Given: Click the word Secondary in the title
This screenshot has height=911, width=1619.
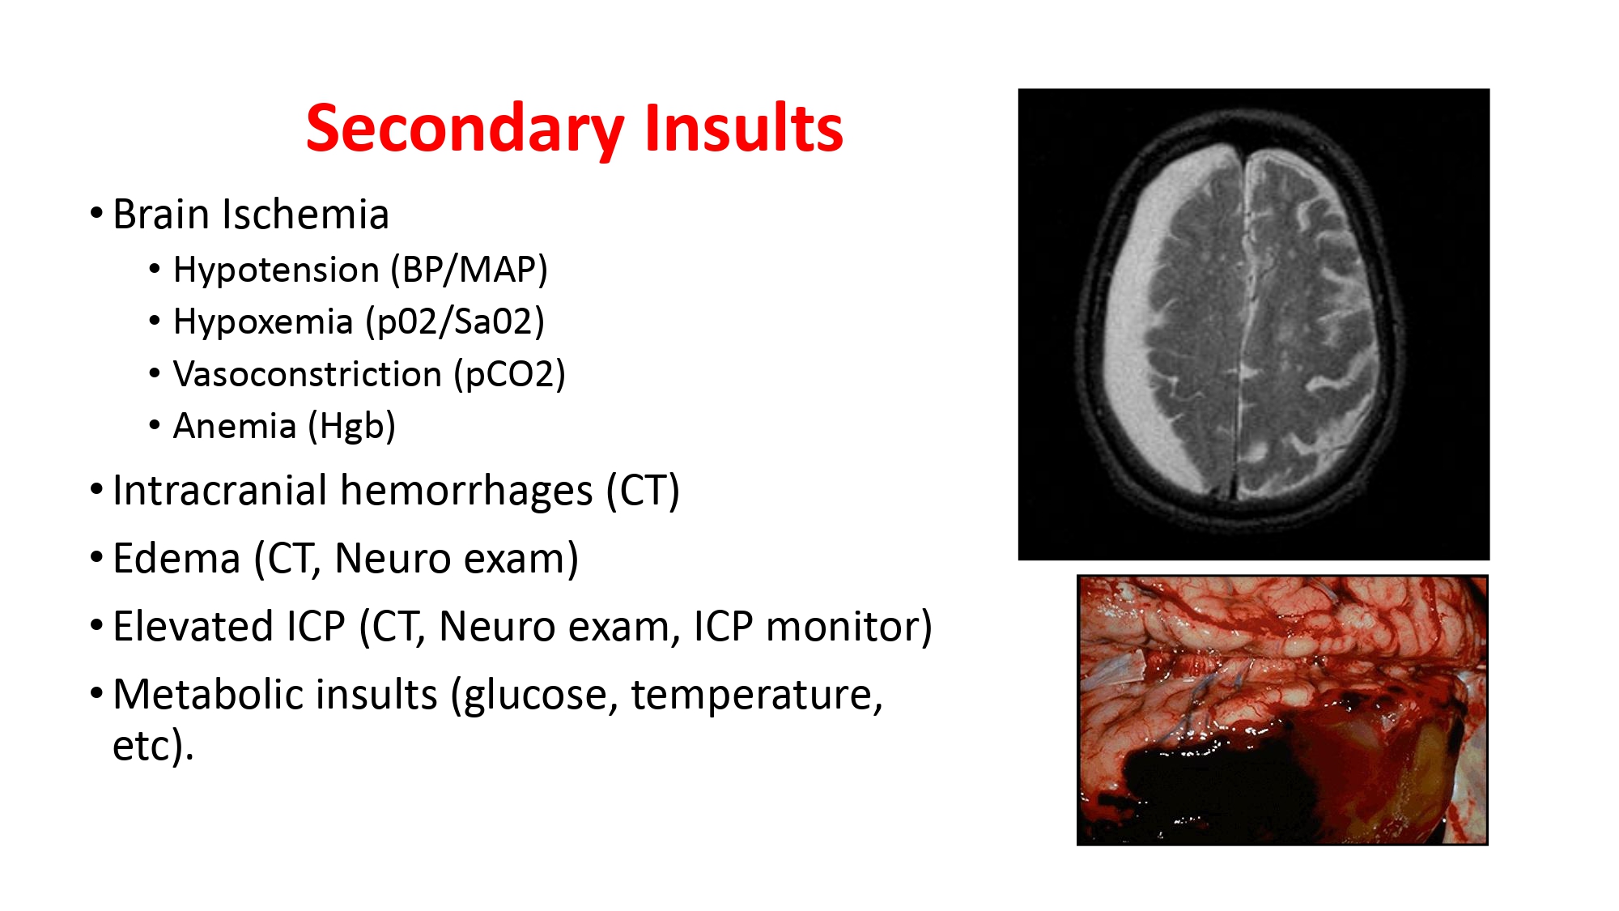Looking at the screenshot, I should pos(465,130).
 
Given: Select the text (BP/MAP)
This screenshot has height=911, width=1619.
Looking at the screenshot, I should pos(469,270).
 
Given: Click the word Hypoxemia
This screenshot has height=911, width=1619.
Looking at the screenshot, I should pos(263,322).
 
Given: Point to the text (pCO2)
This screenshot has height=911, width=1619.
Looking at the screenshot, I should pos(509,375).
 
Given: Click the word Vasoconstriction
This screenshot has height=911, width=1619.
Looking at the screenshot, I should pos(308,375).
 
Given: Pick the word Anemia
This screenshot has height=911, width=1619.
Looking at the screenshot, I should pos(235,427).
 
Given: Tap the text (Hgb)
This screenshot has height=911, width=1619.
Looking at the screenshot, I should pos(352,427).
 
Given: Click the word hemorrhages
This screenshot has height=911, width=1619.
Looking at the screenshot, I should pos(465,491).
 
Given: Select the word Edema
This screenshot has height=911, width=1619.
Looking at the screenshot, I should pos(176,559).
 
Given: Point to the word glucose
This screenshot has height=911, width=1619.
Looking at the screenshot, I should pos(534,696).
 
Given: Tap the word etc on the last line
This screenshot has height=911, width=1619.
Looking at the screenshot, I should pos(146,746).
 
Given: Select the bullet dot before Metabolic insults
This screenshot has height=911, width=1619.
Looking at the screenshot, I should pos(97,695).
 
